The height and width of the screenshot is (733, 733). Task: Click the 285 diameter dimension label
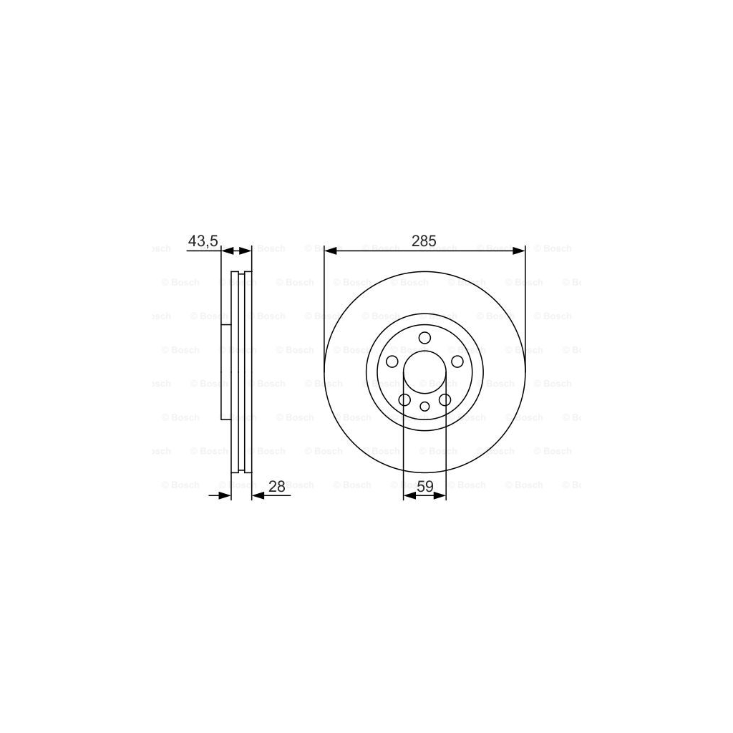click(x=424, y=241)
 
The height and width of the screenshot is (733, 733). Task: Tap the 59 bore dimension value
click(x=424, y=486)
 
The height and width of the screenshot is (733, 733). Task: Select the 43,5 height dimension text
click(x=203, y=241)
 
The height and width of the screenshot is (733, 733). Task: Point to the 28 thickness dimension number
click(x=277, y=486)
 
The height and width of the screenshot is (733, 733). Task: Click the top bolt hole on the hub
click(x=424, y=339)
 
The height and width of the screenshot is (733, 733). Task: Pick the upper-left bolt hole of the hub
click(x=392, y=361)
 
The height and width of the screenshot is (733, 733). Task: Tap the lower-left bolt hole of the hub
click(x=404, y=399)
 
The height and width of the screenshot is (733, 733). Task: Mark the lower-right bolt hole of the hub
click(x=445, y=399)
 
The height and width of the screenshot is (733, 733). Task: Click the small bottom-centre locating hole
click(x=424, y=407)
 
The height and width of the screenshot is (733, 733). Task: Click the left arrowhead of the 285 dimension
click(x=330, y=251)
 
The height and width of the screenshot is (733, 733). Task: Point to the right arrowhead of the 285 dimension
click(x=520, y=251)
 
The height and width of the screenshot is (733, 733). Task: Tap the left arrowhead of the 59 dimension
click(x=409, y=495)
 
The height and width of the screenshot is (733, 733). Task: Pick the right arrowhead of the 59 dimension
click(x=441, y=495)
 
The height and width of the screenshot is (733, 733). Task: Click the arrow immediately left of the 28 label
click(x=258, y=495)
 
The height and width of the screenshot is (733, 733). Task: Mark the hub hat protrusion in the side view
click(x=225, y=372)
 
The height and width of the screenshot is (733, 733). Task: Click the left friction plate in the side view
click(x=234, y=372)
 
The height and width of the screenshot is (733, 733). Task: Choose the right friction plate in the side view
click(x=248, y=372)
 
